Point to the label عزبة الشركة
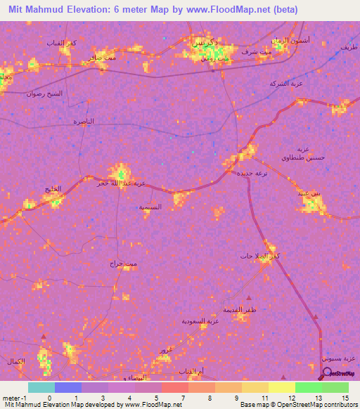tap(286, 83)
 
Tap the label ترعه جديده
tap(251, 172)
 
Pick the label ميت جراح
tap(122, 264)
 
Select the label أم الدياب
tap(192, 370)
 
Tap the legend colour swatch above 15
tap(335, 387)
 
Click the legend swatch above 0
tap(41, 387)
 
